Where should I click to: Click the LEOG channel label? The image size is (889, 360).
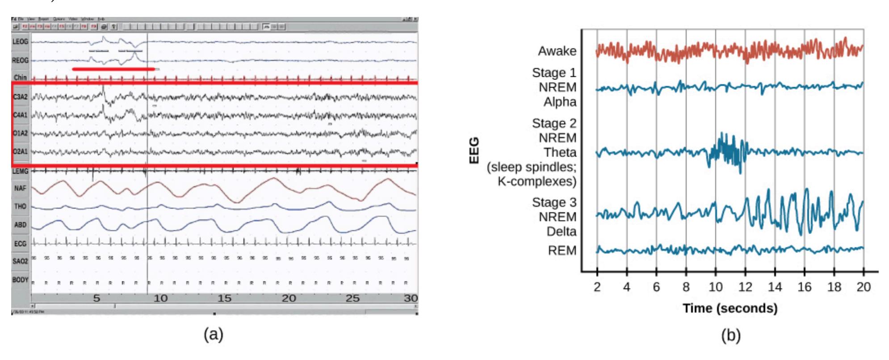21,42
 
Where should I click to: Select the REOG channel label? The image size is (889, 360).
21,60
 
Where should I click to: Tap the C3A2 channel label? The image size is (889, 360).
21,96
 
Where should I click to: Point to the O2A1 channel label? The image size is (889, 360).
21,152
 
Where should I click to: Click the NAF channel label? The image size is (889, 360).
21,188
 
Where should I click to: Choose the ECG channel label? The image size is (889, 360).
21,244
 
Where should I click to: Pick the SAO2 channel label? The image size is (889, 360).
21,261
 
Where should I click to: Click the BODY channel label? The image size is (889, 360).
21,280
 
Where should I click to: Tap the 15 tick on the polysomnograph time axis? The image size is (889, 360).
224,298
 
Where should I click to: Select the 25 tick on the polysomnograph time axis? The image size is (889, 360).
352,298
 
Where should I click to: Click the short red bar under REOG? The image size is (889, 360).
113,69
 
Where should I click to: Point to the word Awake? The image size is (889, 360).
557,51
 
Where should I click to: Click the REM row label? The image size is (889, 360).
562,250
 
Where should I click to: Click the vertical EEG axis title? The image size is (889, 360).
474,151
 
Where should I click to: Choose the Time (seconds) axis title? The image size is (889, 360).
730,308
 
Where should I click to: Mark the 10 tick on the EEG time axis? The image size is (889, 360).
716,287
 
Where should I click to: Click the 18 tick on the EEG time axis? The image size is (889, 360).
834,287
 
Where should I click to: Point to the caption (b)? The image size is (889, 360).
730,335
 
